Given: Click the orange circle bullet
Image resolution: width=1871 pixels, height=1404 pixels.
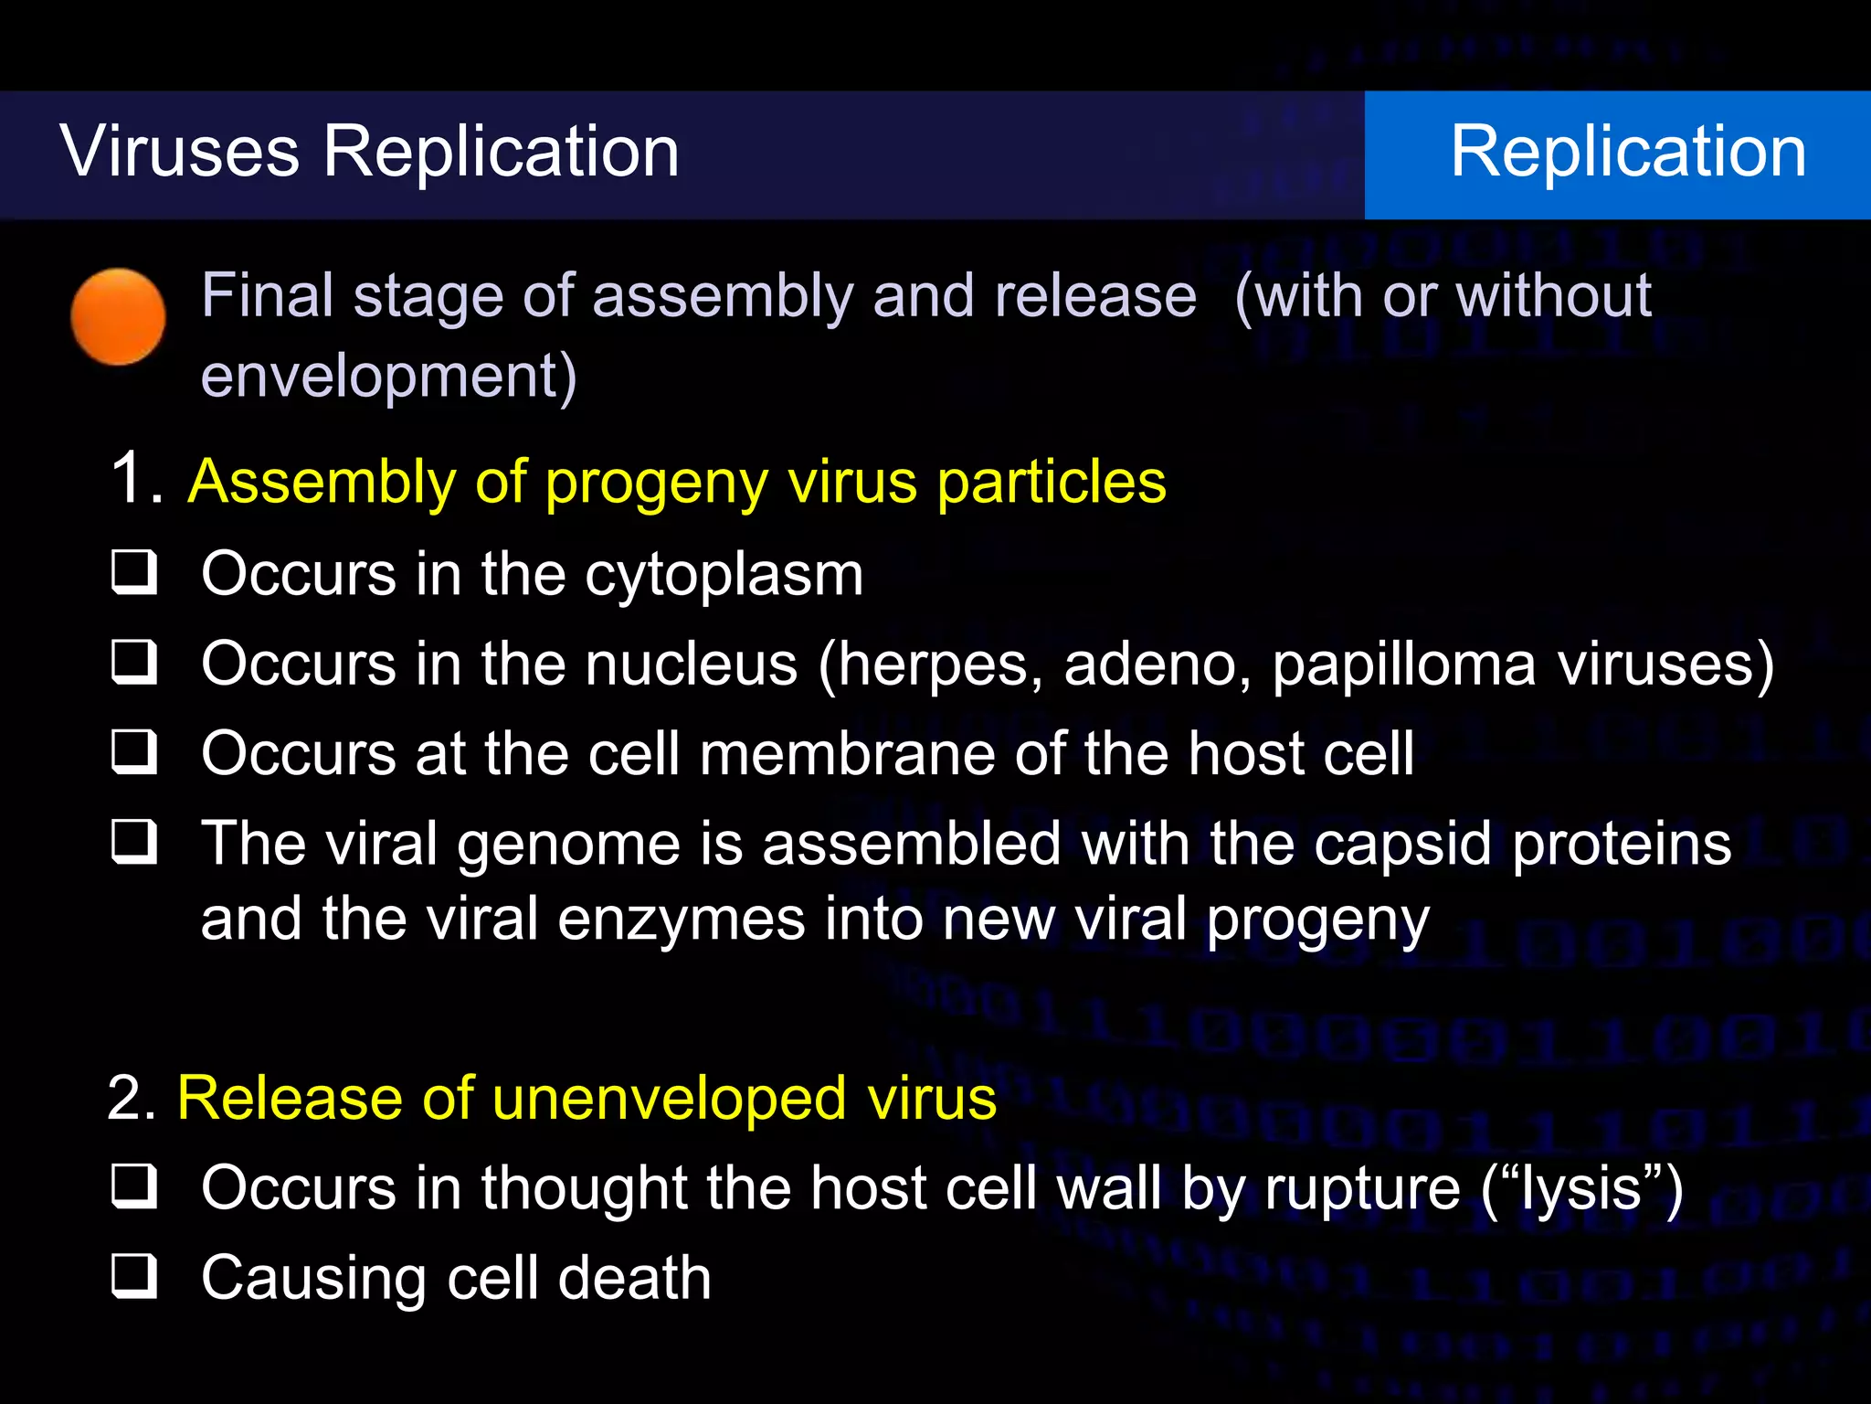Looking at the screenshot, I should [118, 316].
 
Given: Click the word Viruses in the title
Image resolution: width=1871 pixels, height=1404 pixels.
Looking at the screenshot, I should [180, 151].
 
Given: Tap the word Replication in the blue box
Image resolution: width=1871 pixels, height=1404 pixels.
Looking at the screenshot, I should [1628, 151].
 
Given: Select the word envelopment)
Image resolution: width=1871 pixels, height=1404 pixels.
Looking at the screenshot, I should [388, 377].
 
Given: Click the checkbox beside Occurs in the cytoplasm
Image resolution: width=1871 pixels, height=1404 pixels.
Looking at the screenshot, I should [134, 572].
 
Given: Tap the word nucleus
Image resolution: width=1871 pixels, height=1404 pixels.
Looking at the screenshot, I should [692, 664].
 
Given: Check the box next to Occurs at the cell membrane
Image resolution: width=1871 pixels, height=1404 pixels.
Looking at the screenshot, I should [134, 751].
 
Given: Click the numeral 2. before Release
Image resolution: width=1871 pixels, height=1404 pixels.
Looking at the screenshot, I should [132, 1097].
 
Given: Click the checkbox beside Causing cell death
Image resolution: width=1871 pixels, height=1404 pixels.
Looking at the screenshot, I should [134, 1276].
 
